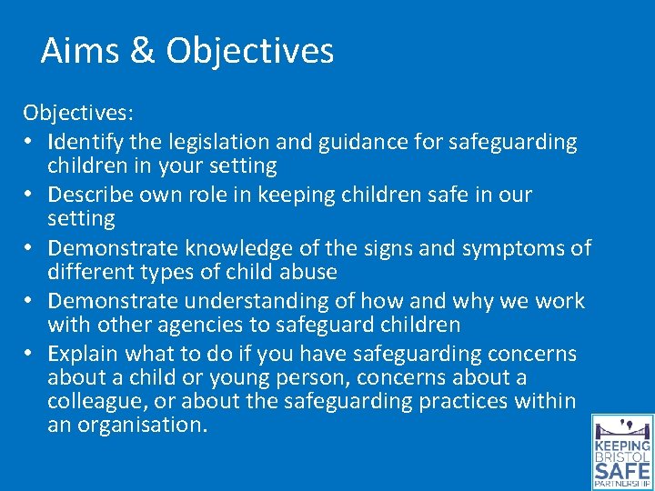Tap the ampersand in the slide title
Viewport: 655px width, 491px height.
[141, 50]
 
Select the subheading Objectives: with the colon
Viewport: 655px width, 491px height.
[78, 113]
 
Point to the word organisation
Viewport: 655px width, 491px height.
[140, 425]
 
